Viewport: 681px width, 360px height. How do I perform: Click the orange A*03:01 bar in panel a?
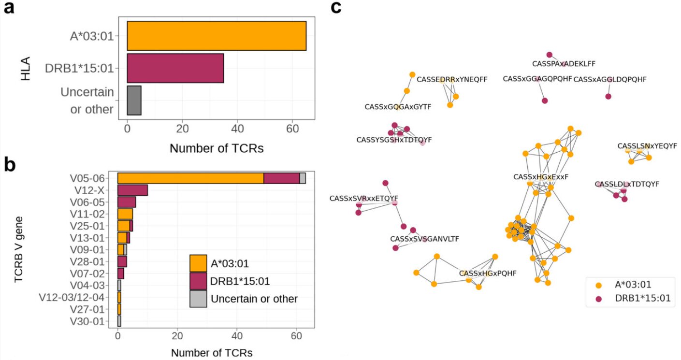pos(217,36)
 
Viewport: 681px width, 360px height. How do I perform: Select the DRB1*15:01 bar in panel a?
pos(175,68)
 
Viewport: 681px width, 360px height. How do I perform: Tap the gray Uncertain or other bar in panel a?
pos(134,101)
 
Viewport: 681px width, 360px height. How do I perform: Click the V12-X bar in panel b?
pos(132,190)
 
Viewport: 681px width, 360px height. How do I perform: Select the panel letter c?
pos(337,8)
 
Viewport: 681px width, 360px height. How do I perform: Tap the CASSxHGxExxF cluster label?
pos(540,177)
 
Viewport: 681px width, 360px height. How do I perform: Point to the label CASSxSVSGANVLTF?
pos(424,239)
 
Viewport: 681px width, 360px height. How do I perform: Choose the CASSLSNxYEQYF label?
pos(647,146)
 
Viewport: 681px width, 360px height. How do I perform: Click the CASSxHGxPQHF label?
pos(488,273)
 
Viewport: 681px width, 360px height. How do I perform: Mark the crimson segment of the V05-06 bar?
pos(281,178)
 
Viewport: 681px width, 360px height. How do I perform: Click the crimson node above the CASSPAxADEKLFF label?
pos(549,55)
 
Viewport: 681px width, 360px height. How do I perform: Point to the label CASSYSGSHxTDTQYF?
pos(394,140)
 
